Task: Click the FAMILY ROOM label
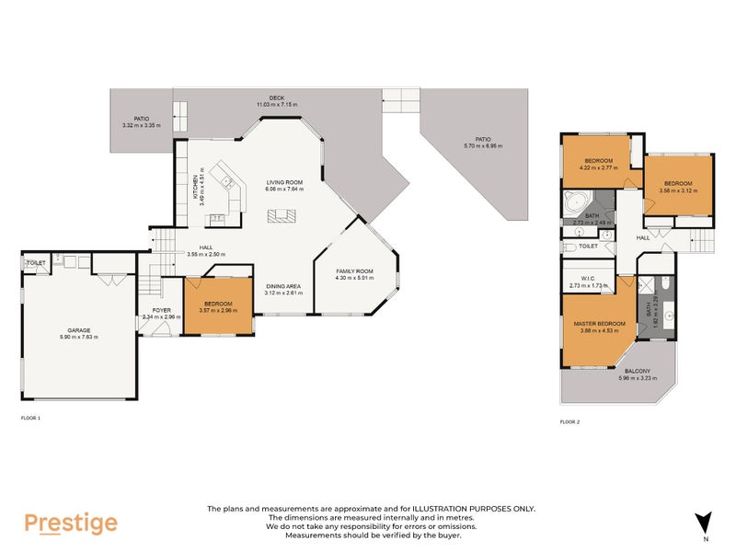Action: [x=353, y=271]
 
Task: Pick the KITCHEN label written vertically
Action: [x=194, y=188]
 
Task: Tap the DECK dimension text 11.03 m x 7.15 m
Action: [x=276, y=105]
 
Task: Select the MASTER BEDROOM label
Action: [x=599, y=324]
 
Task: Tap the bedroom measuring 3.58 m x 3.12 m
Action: [x=679, y=183]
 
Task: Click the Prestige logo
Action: [x=71, y=523]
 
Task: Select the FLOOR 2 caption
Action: [x=571, y=422]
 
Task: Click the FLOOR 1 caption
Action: [x=30, y=417]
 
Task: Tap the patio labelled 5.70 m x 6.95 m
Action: [x=480, y=142]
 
